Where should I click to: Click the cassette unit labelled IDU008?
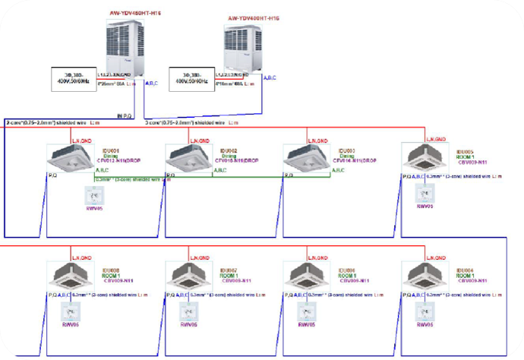(x=70, y=277)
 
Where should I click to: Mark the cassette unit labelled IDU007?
(x=188, y=277)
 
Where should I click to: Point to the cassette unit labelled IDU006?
(x=306, y=277)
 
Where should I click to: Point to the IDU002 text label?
(x=229, y=151)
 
